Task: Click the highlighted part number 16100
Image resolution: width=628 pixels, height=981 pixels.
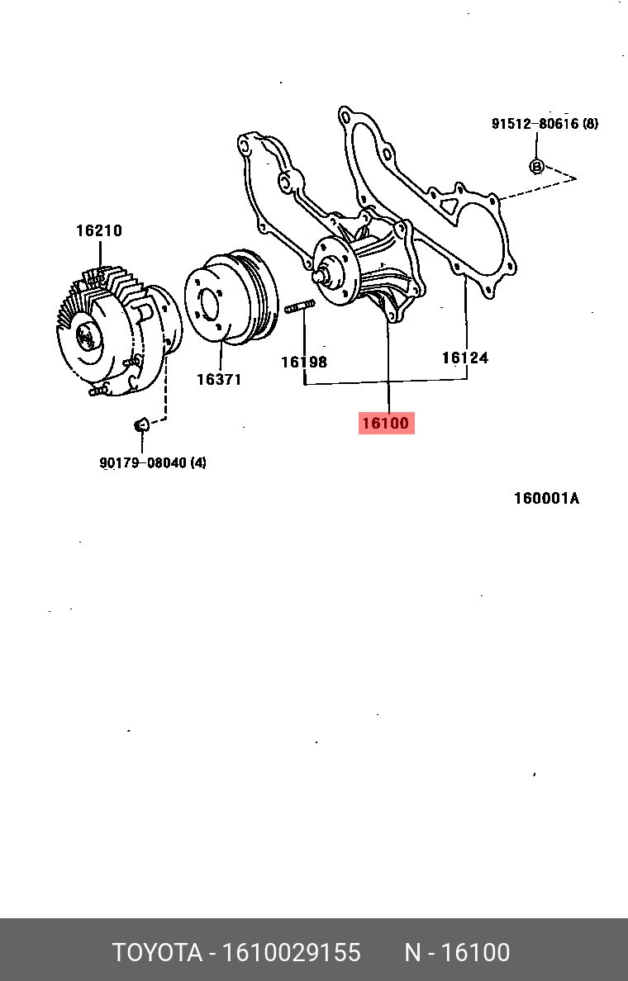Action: (x=386, y=424)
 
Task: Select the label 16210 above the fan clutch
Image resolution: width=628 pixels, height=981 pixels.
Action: (x=99, y=231)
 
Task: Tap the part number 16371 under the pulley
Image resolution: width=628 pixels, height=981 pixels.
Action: (x=218, y=380)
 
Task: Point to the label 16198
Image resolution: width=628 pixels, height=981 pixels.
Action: (x=303, y=362)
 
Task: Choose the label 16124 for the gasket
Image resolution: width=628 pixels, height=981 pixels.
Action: (x=464, y=358)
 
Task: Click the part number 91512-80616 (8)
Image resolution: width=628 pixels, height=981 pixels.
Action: (x=545, y=124)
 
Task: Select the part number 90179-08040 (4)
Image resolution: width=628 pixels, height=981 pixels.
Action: (x=153, y=463)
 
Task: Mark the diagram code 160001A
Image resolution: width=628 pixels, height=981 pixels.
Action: (x=546, y=499)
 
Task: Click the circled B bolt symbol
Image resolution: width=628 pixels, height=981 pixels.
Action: (x=536, y=166)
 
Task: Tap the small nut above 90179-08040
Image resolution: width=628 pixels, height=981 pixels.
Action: (x=140, y=424)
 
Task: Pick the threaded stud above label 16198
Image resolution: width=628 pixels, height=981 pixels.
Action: (x=299, y=309)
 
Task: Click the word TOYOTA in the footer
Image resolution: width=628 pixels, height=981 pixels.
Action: (x=157, y=953)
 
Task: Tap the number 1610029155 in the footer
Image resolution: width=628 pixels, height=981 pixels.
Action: (x=290, y=953)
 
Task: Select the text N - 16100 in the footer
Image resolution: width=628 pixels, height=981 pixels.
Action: (x=456, y=953)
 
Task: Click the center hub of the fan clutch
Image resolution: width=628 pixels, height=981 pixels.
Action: (x=84, y=335)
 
